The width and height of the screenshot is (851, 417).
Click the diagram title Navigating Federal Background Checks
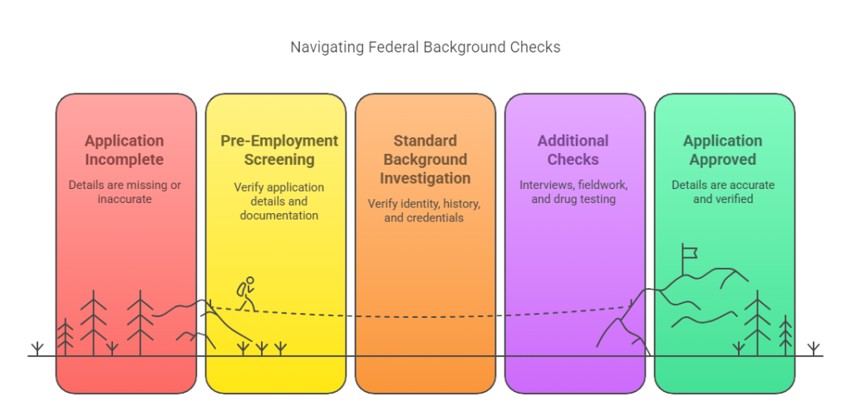(x=425, y=47)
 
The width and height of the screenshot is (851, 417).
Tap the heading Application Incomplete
(x=125, y=150)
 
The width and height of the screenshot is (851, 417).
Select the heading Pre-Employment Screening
(x=279, y=150)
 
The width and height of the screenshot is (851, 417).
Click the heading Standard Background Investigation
(x=425, y=159)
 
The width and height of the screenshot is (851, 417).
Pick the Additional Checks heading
(x=573, y=150)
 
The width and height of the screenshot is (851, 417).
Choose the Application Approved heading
(x=722, y=150)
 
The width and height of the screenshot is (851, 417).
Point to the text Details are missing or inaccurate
(x=125, y=192)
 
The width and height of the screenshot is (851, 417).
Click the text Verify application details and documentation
(x=279, y=201)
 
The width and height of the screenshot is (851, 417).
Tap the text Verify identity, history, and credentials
(x=425, y=211)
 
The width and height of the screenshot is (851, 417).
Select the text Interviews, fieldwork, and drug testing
(x=573, y=192)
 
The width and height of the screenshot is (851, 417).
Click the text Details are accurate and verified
(x=722, y=192)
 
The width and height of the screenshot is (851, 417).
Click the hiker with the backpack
(x=246, y=294)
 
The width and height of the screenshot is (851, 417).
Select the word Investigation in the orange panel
(x=425, y=178)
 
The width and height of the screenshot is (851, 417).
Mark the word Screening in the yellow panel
(x=279, y=159)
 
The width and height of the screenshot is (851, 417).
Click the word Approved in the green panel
(x=722, y=159)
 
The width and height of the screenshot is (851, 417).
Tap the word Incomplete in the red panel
(x=125, y=159)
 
